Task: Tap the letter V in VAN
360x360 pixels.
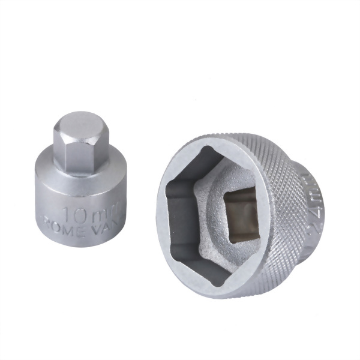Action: tap(94, 229)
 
